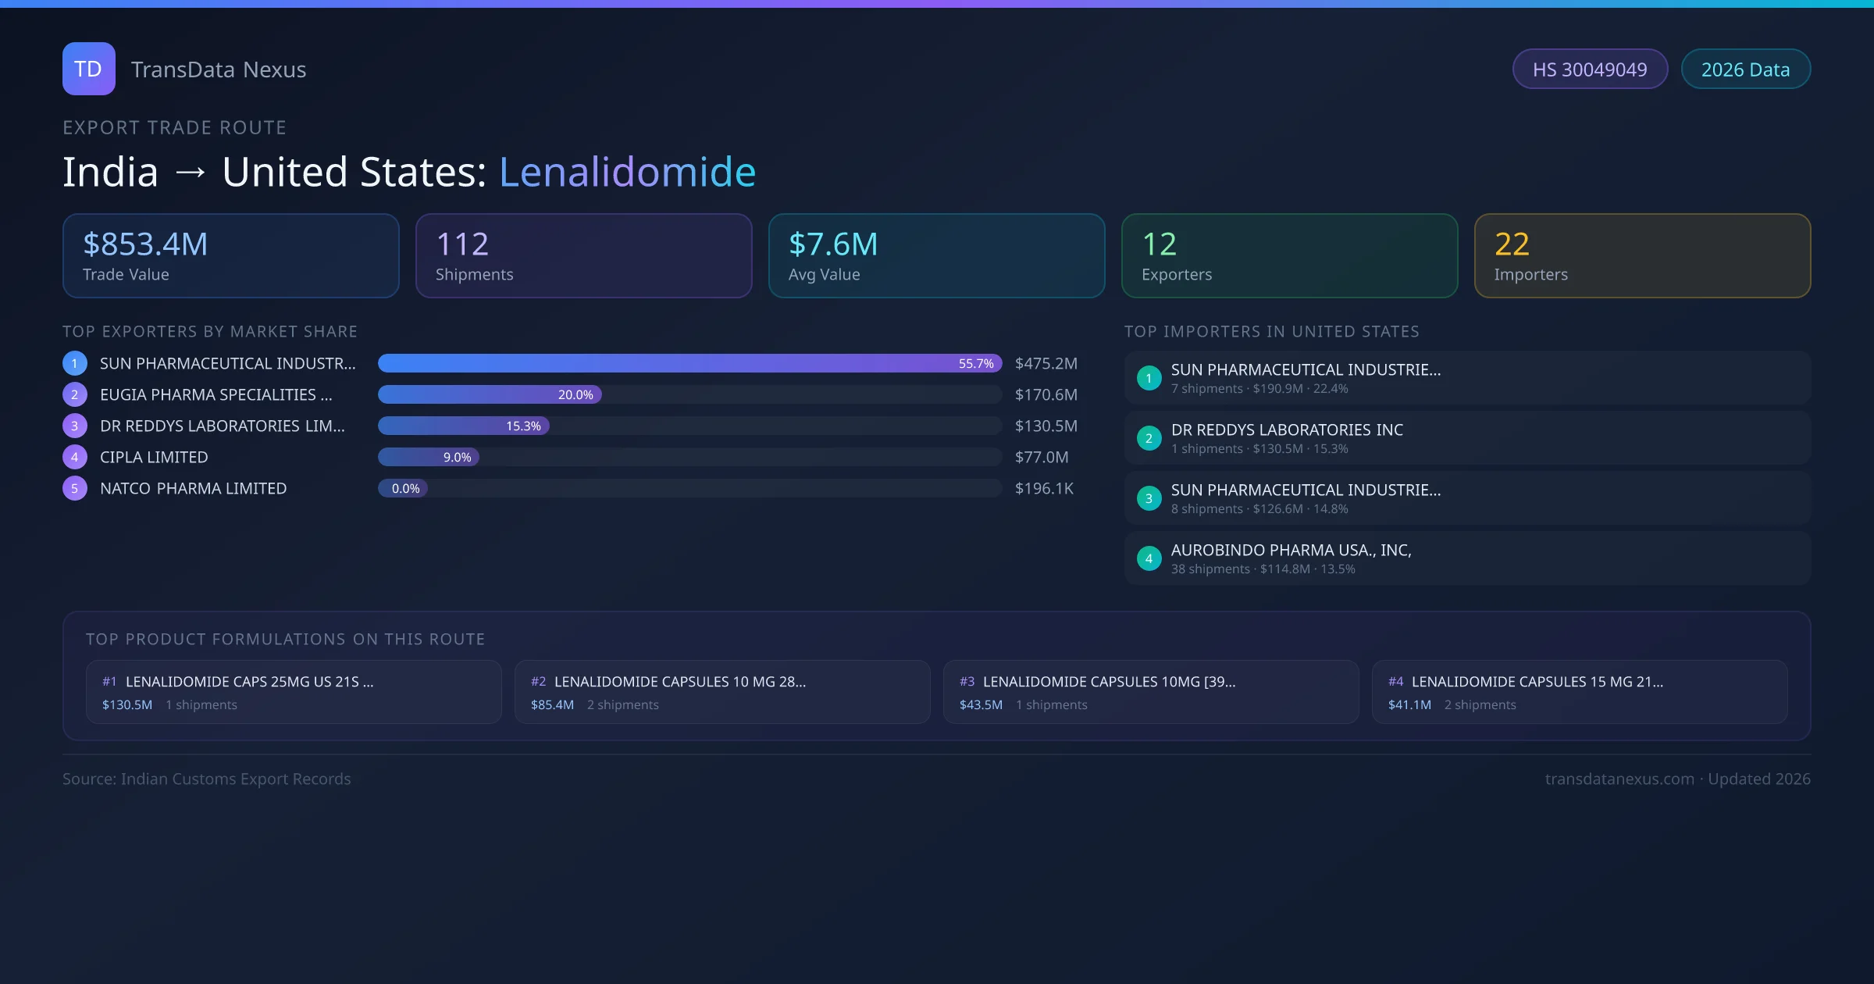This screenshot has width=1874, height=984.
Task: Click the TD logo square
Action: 88,69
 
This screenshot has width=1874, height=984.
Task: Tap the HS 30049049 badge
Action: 1589,70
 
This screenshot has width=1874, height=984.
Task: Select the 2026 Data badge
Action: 1745,70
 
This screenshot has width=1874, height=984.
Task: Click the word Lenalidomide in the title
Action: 627,172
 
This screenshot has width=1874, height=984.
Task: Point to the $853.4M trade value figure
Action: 145,244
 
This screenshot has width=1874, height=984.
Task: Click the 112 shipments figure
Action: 462,244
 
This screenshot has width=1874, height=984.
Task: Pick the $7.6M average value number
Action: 833,244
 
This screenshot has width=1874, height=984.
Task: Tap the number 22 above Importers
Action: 1512,244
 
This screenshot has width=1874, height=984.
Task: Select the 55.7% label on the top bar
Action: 976,364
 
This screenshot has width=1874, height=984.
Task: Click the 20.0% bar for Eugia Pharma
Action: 490,395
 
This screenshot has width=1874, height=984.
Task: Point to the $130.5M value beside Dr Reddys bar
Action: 1046,426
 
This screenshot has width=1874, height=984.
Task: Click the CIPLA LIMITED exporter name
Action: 154,458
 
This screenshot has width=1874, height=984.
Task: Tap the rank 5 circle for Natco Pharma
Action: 75,489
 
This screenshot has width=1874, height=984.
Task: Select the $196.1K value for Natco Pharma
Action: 1044,489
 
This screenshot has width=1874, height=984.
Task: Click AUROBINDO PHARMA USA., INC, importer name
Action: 1291,551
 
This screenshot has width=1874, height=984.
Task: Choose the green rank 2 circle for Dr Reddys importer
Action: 1149,439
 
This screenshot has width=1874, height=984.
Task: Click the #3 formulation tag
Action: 967,682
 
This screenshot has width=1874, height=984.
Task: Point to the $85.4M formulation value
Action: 552,705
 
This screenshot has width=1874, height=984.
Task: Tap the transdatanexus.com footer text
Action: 1619,779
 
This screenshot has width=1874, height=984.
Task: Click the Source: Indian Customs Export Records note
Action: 207,779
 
